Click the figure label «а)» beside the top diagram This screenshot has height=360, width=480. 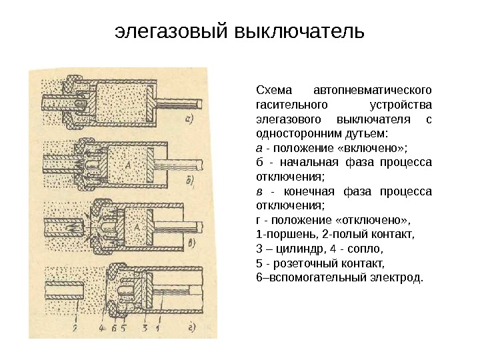[189, 120]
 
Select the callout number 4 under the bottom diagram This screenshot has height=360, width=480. [102, 327]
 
